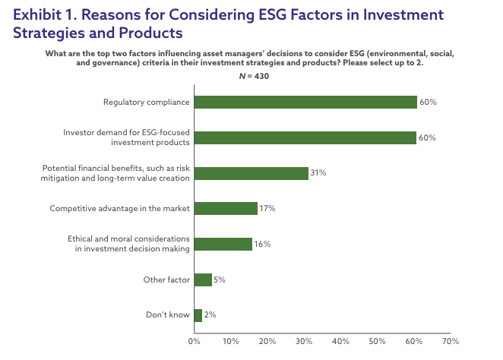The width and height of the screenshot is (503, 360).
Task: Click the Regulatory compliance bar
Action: [305, 103]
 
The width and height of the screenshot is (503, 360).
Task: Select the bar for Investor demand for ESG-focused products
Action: [305, 137]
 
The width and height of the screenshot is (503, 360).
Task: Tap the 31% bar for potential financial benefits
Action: [251, 173]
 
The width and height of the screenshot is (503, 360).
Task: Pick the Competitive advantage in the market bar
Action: [226, 208]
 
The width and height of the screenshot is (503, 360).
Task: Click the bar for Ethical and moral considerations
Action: [223, 244]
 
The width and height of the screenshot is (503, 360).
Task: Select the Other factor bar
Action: [203, 279]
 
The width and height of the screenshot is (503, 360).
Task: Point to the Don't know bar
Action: [198, 315]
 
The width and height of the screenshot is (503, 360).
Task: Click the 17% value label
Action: [267, 208]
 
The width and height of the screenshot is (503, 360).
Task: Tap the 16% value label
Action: [262, 244]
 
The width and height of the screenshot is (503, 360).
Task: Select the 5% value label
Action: [220, 279]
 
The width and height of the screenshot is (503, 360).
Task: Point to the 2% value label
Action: [210, 314]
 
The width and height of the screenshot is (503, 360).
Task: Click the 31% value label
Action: [318, 173]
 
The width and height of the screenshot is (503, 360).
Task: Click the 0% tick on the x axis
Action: [195, 341]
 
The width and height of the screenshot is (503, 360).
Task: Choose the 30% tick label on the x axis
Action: [304, 341]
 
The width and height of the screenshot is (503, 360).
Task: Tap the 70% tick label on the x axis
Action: [451, 341]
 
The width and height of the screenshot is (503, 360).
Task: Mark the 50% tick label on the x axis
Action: [377, 341]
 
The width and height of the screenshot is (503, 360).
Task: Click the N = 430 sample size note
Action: [254, 76]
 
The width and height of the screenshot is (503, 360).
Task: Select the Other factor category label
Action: [166, 279]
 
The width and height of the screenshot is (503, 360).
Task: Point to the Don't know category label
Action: [168, 314]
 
